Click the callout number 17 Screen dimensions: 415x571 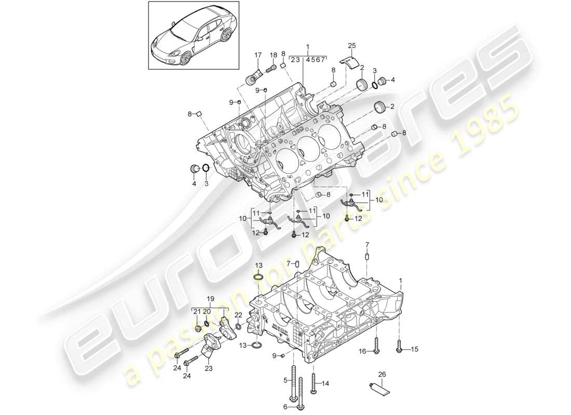(x=258, y=54)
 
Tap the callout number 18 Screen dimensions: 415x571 (x=274, y=55)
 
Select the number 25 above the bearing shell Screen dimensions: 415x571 (x=352, y=47)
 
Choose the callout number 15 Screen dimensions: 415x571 (x=414, y=349)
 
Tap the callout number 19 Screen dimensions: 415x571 (x=211, y=299)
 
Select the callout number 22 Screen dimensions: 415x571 (x=238, y=314)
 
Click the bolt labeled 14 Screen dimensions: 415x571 (x=314, y=383)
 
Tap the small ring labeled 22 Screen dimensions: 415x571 (x=238, y=326)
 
